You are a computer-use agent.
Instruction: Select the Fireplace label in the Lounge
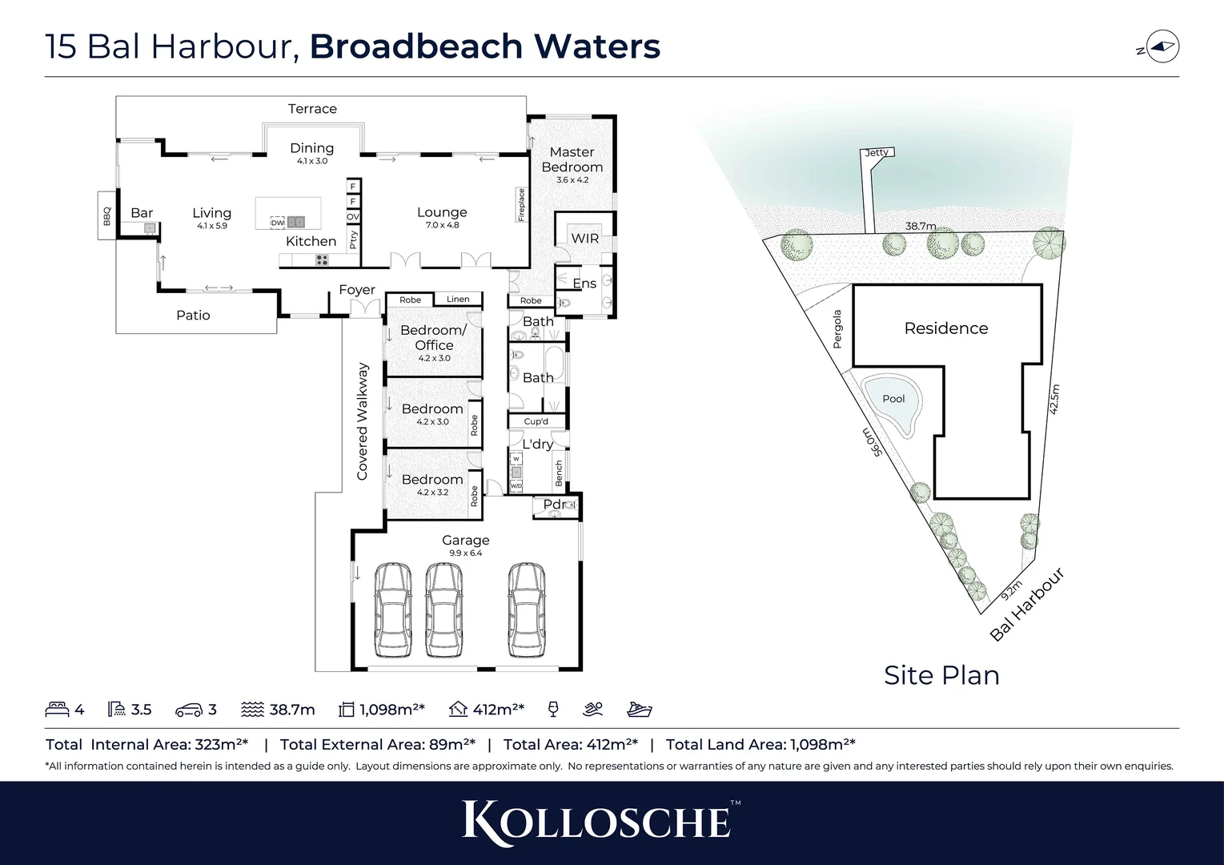point(521,205)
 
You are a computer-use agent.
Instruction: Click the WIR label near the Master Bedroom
point(584,238)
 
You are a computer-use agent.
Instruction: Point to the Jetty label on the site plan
point(877,152)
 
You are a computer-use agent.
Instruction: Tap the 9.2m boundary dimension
point(1011,590)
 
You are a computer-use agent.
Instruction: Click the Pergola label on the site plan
point(837,329)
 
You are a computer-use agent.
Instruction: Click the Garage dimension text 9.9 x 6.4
point(465,553)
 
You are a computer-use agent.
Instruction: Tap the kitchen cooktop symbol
point(321,259)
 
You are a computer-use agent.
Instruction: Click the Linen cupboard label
point(458,300)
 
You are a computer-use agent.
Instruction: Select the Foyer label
point(357,290)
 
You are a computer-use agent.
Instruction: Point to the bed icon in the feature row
point(57,710)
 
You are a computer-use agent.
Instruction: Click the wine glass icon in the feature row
point(552,710)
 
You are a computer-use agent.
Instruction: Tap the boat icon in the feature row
point(640,710)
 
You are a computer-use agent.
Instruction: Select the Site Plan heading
point(941,675)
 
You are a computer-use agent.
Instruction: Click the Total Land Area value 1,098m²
point(822,745)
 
